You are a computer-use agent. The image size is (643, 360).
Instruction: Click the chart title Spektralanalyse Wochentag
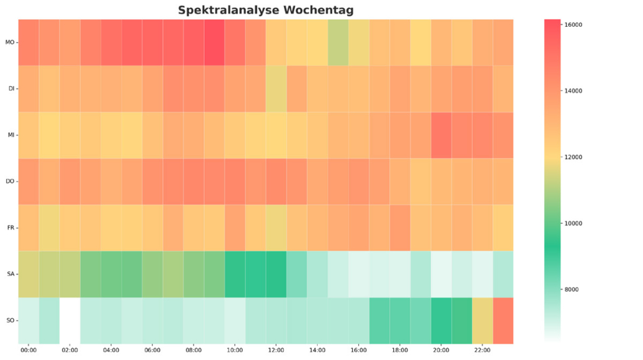click(x=265, y=10)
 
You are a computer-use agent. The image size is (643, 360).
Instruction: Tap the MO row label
click(x=10, y=42)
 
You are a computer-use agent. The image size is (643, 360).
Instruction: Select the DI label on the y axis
click(x=11, y=89)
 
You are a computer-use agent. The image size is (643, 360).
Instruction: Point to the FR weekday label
click(x=11, y=228)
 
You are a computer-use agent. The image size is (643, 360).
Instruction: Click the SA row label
click(x=11, y=274)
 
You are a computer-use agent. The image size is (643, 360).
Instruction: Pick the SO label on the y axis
click(x=11, y=320)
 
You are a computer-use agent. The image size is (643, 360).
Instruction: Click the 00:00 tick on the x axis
click(x=29, y=351)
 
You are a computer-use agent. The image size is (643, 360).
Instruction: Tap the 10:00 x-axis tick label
click(x=235, y=351)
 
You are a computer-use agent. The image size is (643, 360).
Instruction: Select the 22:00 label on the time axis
click(x=483, y=351)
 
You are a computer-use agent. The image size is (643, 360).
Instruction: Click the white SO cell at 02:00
click(x=70, y=321)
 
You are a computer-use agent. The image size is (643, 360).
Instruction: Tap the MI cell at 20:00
click(x=441, y=135)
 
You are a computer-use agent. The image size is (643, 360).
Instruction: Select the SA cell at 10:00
click(x=235, y=274)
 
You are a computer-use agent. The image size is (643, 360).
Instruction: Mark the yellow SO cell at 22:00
click(x=483, y=321)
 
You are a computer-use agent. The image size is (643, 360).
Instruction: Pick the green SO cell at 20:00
click(x=441, y=321)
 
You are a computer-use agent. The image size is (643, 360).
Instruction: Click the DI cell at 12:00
click(x=276, y=89)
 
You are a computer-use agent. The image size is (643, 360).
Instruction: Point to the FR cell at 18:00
click(x=400, y=228)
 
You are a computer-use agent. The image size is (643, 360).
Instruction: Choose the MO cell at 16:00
click(x=359, y=42)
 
